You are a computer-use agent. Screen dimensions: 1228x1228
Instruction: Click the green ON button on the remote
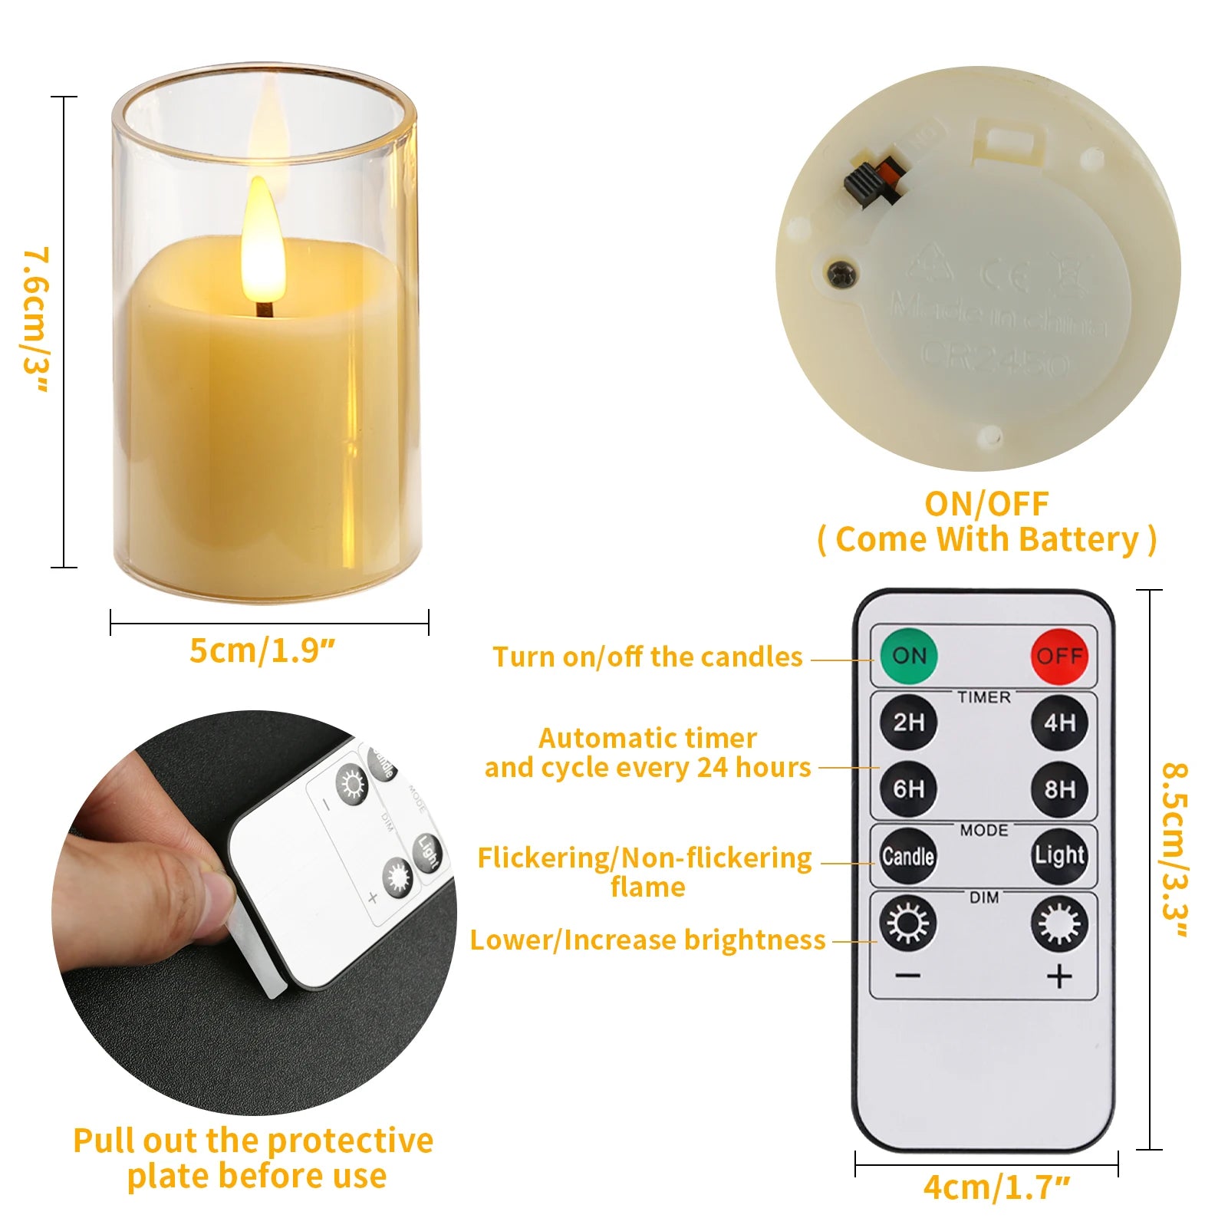909,656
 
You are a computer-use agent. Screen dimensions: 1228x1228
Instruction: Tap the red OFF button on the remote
1059,657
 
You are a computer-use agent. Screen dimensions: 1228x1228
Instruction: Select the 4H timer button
1059,722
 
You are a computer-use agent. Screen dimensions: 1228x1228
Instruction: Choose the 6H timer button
909,788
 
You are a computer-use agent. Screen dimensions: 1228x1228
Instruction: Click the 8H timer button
1059,788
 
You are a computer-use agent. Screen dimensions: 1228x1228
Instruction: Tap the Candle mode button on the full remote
908,856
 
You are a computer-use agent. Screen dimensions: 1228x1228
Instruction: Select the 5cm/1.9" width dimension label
262,651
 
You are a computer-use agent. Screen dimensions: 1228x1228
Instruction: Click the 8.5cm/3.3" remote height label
1175,850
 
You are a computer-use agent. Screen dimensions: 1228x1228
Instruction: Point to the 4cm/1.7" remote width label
996,1187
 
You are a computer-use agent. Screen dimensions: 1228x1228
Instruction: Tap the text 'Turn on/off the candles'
647,657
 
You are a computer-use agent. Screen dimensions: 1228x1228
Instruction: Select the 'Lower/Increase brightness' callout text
647,940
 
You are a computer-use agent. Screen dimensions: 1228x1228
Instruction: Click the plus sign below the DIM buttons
1059,976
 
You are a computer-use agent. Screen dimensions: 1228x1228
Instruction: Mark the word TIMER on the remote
983,697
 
